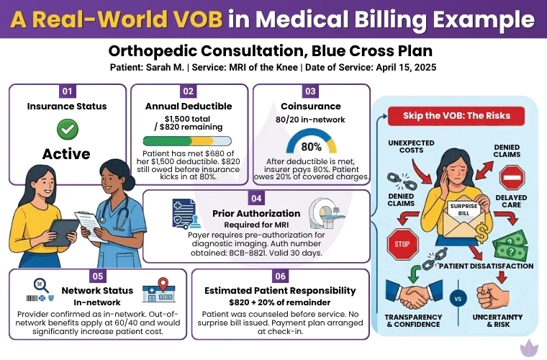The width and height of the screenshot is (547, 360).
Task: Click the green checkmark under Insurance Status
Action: point(68,129)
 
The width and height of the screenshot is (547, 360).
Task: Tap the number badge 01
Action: point(68,91)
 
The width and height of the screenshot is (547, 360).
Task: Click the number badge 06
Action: point(281,276)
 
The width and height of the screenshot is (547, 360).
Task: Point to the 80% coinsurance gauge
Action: point(311,141)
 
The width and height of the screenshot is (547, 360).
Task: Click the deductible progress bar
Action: point(187,141)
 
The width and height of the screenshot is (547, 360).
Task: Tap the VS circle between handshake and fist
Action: point(455,298)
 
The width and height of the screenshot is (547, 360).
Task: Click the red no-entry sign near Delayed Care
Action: point(512,177)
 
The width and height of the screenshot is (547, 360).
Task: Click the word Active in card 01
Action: point(66,153)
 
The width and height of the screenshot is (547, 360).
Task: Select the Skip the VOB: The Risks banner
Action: point(454,115)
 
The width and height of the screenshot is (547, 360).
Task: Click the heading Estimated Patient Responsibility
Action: point(281,290)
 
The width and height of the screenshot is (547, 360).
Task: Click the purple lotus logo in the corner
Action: point(533,346)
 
